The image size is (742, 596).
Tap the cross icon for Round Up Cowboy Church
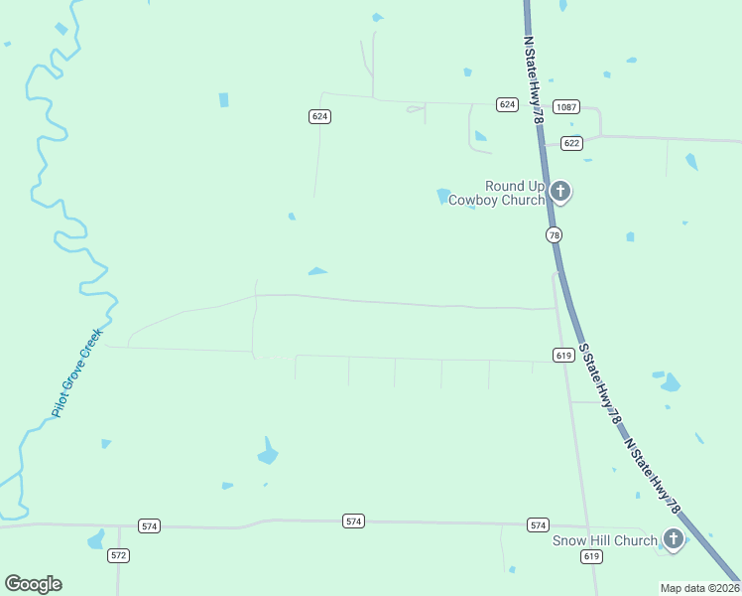[x=560, y=191]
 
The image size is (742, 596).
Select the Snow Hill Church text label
[x=604, y=540]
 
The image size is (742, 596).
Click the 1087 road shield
[x=566, y=106]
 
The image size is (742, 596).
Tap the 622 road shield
[x=570, y=143]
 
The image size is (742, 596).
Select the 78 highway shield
[x=554, y=234]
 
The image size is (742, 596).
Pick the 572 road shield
[x=119, y=555]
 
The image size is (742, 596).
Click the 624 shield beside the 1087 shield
[x=508, y=104]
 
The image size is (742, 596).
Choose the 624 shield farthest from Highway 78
[x=319, y=116]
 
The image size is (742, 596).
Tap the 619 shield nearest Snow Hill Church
[x=591, y=557]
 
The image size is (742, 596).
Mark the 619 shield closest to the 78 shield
[x=562, y=355]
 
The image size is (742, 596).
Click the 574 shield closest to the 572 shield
[x=149, y=525]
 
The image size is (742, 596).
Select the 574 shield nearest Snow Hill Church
[x=538, y=524]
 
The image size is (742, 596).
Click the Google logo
[x=33, y=583]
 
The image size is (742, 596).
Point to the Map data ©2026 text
[x=699, y=588]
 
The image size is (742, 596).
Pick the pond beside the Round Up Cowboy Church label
[x=443, y=196]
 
